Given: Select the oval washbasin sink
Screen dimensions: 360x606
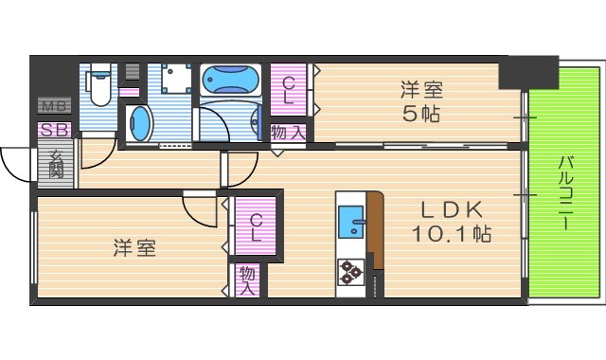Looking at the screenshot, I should (140, 123).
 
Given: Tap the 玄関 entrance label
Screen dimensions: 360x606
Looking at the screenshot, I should (56, 164).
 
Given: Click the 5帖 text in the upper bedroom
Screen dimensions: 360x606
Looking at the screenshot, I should (421, 114).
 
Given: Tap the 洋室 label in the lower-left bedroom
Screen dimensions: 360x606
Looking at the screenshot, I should (134, 248).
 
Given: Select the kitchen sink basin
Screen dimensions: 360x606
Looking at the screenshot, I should (352, 224).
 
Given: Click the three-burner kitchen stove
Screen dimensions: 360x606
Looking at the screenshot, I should (351, 271).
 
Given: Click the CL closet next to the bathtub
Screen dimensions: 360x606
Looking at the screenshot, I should (289, 90).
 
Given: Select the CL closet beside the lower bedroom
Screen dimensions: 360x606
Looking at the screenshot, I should (256, 228).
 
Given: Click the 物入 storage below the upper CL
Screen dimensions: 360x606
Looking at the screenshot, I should (288, 133).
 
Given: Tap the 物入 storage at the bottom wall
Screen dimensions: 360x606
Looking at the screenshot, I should (247, 279).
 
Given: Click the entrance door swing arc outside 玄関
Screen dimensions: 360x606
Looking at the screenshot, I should (16, 166).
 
